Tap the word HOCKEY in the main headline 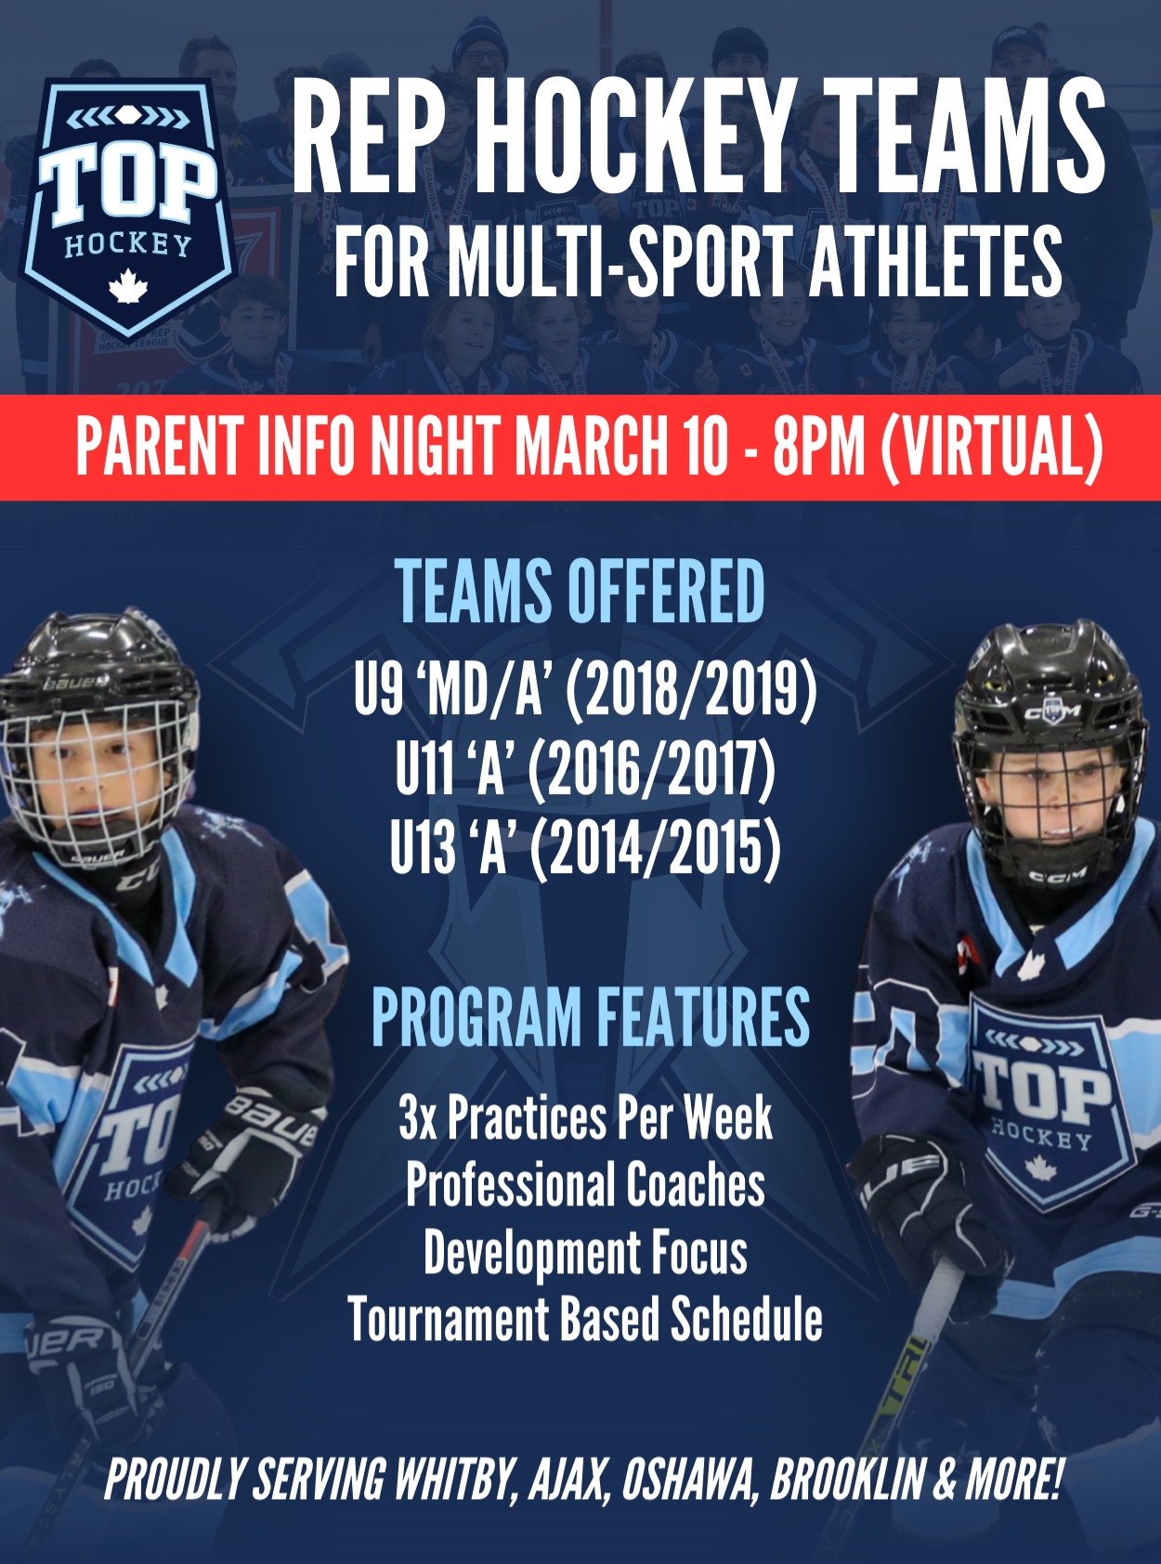(x=641, y=137)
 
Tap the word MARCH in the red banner (x=620, y=448)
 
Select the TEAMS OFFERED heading (x=580, y=592)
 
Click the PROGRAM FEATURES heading (x=591, y=1018)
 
